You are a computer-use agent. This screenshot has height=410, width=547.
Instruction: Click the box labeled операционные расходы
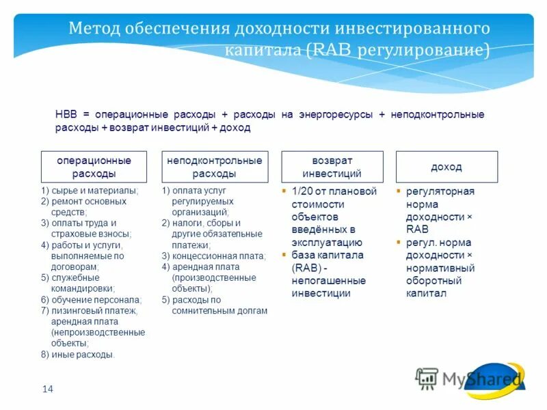pos(94,167)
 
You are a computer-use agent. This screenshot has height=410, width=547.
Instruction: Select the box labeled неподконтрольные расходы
pos(214,167)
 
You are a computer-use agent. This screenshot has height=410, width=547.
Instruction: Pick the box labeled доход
pos(446,167)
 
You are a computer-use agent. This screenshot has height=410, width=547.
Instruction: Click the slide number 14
pos(47,389)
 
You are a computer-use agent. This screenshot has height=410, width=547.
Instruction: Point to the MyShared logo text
pos(481,379)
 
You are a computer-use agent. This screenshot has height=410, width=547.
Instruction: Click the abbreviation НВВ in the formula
pos(66,115)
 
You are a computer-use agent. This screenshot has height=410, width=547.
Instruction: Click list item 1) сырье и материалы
pos(90,191)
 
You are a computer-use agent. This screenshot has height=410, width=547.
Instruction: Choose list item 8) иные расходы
pos(78,355)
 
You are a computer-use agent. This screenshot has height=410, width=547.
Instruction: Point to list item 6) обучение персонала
pos(91,300)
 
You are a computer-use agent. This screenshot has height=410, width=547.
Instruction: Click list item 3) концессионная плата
pos(213,256)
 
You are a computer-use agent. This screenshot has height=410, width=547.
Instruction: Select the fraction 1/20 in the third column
pos(303,191)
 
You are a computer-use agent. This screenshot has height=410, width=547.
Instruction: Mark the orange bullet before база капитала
pos(284,255)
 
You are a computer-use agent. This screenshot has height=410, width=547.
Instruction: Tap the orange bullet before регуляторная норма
pos(399,191)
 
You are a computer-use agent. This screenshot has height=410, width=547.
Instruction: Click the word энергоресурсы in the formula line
pos(334,115)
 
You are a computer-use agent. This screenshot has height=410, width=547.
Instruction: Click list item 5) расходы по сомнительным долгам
pos(214,305)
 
